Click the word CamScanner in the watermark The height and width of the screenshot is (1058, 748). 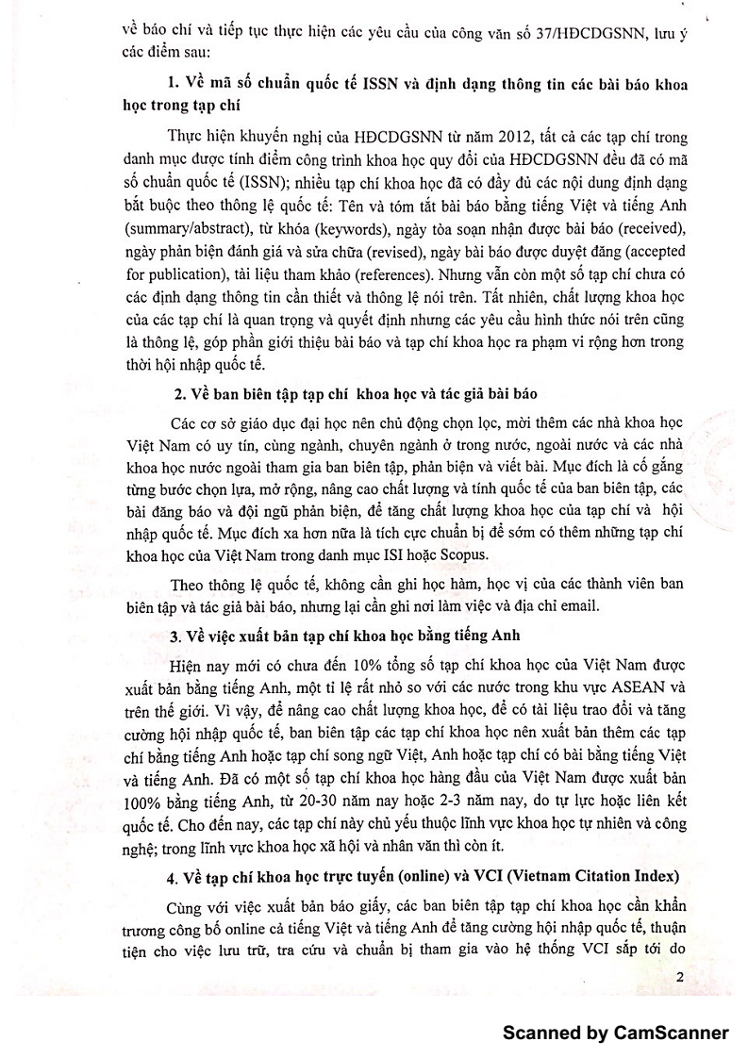[673, 1033]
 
